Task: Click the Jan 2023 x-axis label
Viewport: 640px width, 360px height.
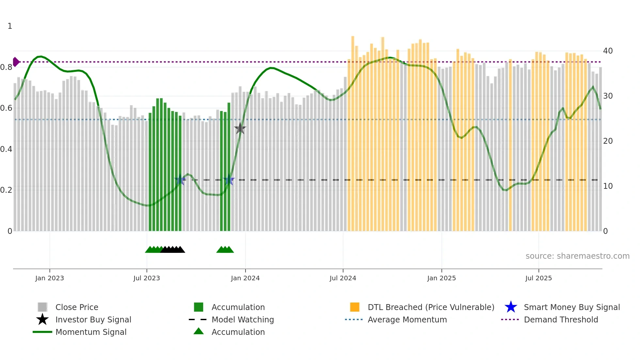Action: click(50, 278)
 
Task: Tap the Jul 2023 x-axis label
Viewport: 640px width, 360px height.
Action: click(147, 278)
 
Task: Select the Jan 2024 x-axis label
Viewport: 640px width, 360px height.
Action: click(245, 278)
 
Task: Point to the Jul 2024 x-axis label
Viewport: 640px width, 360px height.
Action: click(343, 278)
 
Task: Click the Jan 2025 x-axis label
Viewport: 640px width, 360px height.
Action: click(441, 278)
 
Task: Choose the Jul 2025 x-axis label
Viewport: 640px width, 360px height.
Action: click(538, 278)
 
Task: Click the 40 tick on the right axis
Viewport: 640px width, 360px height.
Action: click(608, 51)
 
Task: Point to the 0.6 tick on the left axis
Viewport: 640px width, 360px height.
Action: click(7, 108)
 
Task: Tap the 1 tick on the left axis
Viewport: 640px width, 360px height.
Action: click(10, 26)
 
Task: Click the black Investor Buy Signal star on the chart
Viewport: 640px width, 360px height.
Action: click(240, 129)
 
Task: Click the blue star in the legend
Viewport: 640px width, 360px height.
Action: click(511, 307)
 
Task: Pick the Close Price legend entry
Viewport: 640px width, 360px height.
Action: click(77, 307)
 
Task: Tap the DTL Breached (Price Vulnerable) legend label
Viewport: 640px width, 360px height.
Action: click(431, 307)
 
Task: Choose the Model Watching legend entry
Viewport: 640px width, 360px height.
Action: click(243, 319)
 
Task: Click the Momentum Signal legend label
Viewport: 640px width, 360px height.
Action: click(91, 332)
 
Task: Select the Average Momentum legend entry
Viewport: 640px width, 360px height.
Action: click(407, 319)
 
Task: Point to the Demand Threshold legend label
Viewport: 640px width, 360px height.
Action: click(561, 319)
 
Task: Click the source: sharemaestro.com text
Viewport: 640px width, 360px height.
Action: click(577, 256)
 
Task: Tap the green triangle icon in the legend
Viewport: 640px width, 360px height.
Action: click(199, 331)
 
